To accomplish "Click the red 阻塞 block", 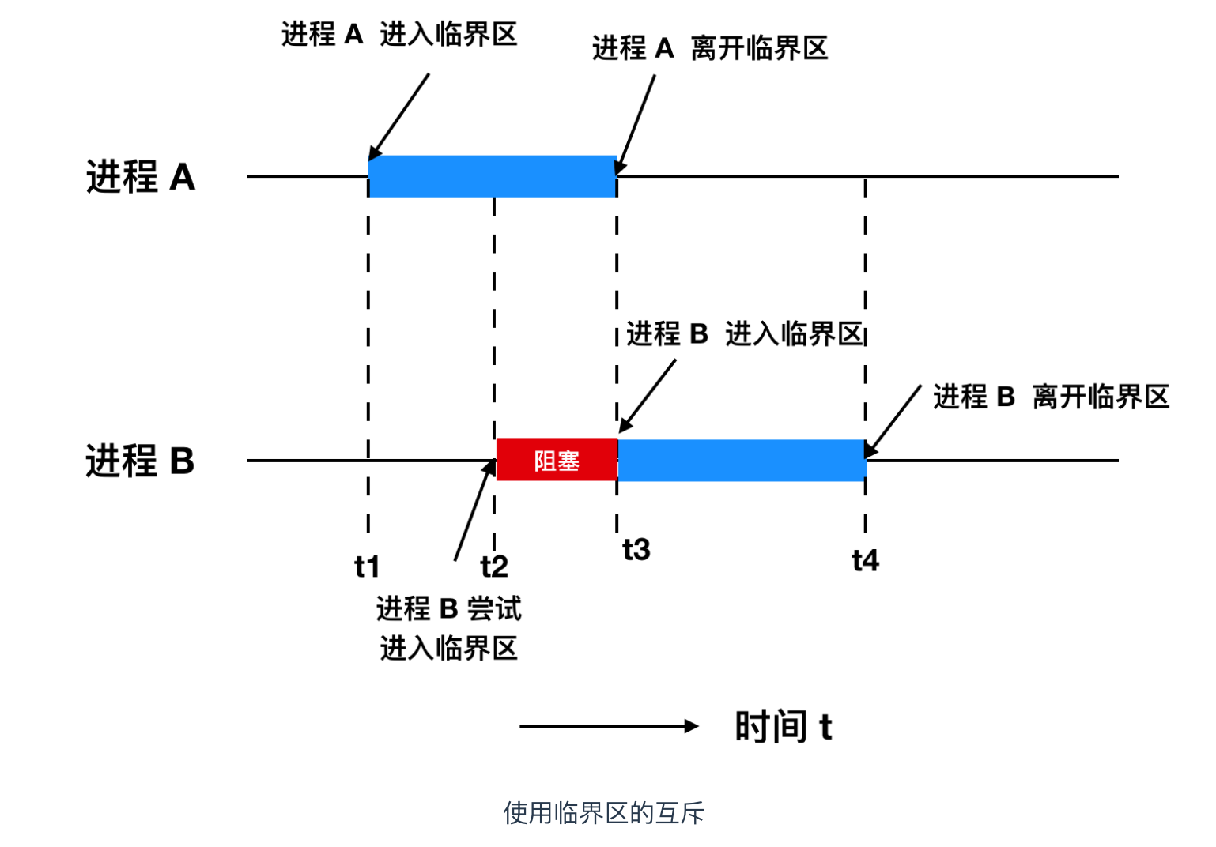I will pos(557,460).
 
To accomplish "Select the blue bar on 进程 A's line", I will pos(492,176).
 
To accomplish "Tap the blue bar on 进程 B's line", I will pos(742,460).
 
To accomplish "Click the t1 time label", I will pos(367,567).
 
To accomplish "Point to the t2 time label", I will pos(494,567).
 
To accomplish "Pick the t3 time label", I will pos(636,549).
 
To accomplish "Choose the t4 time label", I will pos(866,560).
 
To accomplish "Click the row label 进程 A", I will pos(141,176).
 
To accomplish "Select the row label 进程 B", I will pos(140,460).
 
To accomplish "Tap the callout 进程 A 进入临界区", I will pos(399,35).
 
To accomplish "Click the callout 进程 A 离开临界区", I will pos(710,48).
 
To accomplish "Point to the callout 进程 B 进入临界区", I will pos(744,333).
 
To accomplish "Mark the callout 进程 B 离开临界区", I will pos(1051,396).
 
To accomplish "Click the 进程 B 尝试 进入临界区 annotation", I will pos(448,628).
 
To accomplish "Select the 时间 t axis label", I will pos(783,726).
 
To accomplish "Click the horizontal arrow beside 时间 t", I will pos(609,726).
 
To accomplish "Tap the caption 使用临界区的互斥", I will pos(603,812).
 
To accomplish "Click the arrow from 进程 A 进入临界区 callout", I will pos(399,116).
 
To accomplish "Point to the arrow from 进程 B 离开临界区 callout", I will pos(893,421).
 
